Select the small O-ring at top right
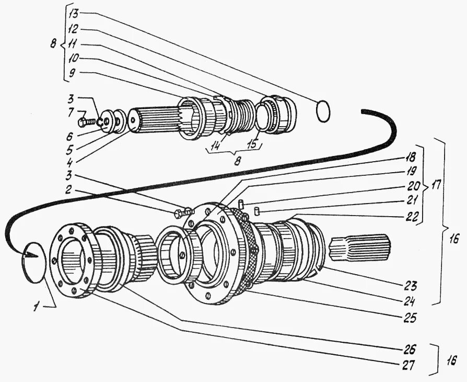click(x=323, y=111)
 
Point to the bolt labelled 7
click(x=87, y=122)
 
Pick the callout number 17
click(x=436, y=185)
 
